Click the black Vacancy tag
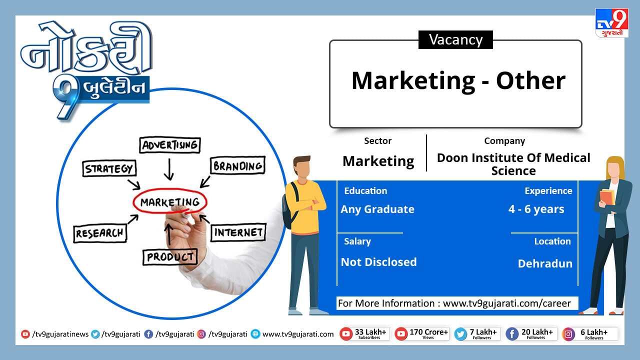point(455,39)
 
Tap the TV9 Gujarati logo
point(611,22)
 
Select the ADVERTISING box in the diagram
point(170,145)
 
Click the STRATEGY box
point(109,168)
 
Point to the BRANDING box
point(237,165)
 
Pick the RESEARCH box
point(100,233)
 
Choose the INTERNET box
point(238,232)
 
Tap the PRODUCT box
point(170,257)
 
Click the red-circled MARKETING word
point(170,201)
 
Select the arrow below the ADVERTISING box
point(169,169)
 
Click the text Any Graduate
point(377,209)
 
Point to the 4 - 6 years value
point(536,209)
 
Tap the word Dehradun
point(545,263)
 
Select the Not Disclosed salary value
point(379,262)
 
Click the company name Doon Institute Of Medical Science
point(513,164)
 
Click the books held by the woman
point(607,197)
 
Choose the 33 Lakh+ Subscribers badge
point(364,333)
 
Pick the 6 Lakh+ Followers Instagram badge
point(589,334)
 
